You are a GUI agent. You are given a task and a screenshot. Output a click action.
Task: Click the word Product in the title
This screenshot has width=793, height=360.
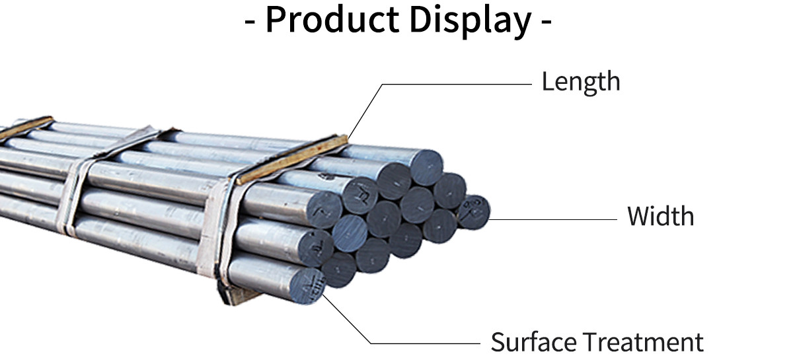pyautogui.click(x=332, y=20)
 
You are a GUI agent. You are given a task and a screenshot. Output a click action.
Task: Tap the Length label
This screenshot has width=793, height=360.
pyautogui.click(x=581, y=82)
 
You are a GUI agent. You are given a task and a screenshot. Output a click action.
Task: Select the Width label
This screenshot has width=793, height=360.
pyautogui.click(x=660, y=216)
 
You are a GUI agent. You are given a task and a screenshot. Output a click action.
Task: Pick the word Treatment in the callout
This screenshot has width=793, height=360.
pyautogui.click(x=642, y=342)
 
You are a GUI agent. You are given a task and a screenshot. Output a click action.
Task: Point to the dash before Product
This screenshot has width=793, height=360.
pyautogui.click(x=250, y=22)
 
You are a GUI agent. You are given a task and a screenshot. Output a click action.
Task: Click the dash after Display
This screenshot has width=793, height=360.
pyautogui.click(x=546, y=22)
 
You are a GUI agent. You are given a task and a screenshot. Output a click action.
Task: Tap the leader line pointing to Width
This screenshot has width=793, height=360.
pyautogui.click(x=555, y=219)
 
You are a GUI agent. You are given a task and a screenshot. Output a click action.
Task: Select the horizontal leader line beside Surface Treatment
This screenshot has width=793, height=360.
pyautogui.click(x=423, y=343)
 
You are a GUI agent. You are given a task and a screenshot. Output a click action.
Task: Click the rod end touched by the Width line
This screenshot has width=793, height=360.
pyautogui.click(x=474, y=211)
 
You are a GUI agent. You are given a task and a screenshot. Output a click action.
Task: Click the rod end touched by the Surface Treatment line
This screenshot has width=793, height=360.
pyautogui.click(x=306, y=285)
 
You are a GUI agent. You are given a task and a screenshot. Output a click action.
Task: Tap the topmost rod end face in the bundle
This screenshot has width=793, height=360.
pyautogui.click(x=426, y=166)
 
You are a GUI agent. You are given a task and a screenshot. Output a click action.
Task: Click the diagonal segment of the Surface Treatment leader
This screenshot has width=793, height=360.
pyautogui.click(x=347, y=320)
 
